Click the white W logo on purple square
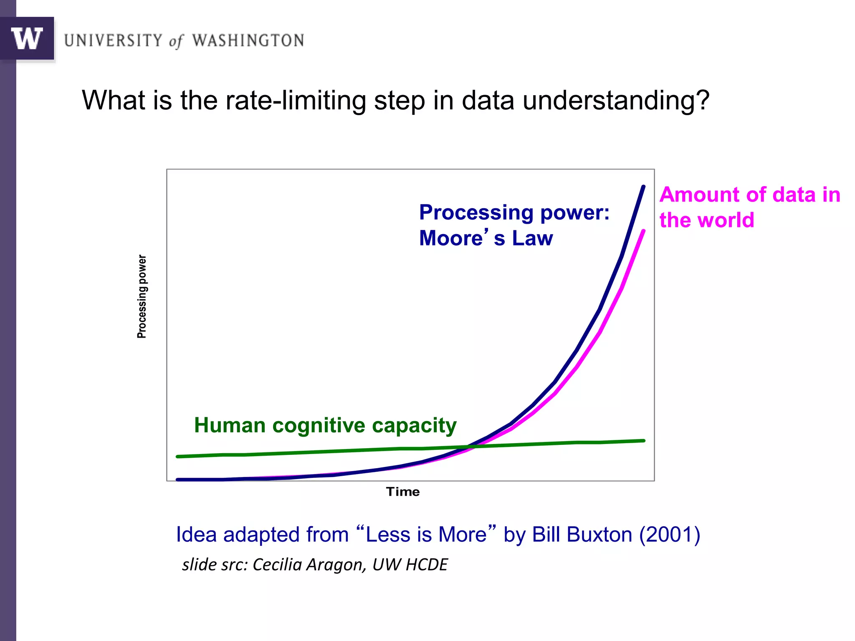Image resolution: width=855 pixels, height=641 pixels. [27, 38]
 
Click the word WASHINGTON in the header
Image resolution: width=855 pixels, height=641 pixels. [248, 40]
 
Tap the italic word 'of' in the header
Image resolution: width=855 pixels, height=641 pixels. [176, 41]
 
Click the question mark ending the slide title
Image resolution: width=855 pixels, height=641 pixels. [703, 100]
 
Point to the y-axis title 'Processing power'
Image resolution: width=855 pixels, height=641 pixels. [142, 296]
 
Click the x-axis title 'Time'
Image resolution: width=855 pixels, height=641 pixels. [402, 492]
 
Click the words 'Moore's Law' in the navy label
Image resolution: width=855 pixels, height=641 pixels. [486, 238]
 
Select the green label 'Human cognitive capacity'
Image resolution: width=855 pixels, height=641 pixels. [325, 425]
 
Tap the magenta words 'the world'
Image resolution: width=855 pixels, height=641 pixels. [707, 220]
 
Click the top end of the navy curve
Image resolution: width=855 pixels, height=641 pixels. [643, 187]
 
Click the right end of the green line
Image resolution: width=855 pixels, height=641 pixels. [644, 440]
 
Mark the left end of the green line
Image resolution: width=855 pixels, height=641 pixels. [177, 457]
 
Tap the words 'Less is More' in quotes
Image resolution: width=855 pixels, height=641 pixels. [426, 535]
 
